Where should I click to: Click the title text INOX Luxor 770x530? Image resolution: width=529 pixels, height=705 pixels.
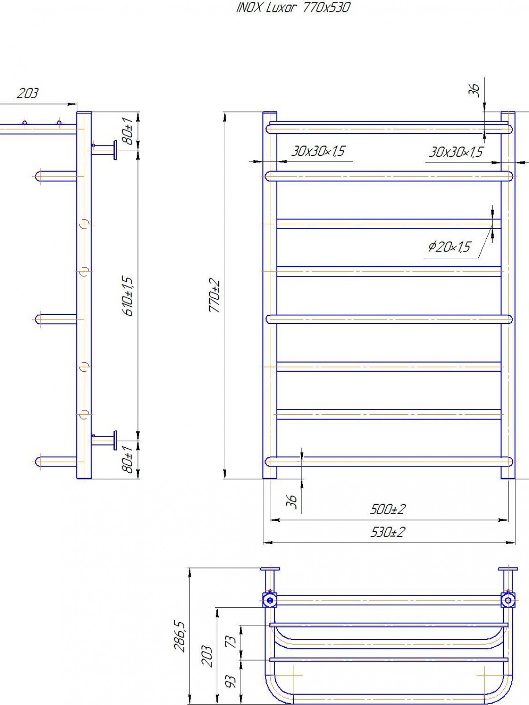[293, 8]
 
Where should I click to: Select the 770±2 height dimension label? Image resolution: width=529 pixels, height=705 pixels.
[215, 296]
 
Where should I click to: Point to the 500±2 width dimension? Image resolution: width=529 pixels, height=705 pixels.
[387, 509]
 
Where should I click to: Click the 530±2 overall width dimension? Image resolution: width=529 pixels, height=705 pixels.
[387, 532]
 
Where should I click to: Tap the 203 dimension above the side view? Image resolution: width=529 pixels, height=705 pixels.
[27, 93]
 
